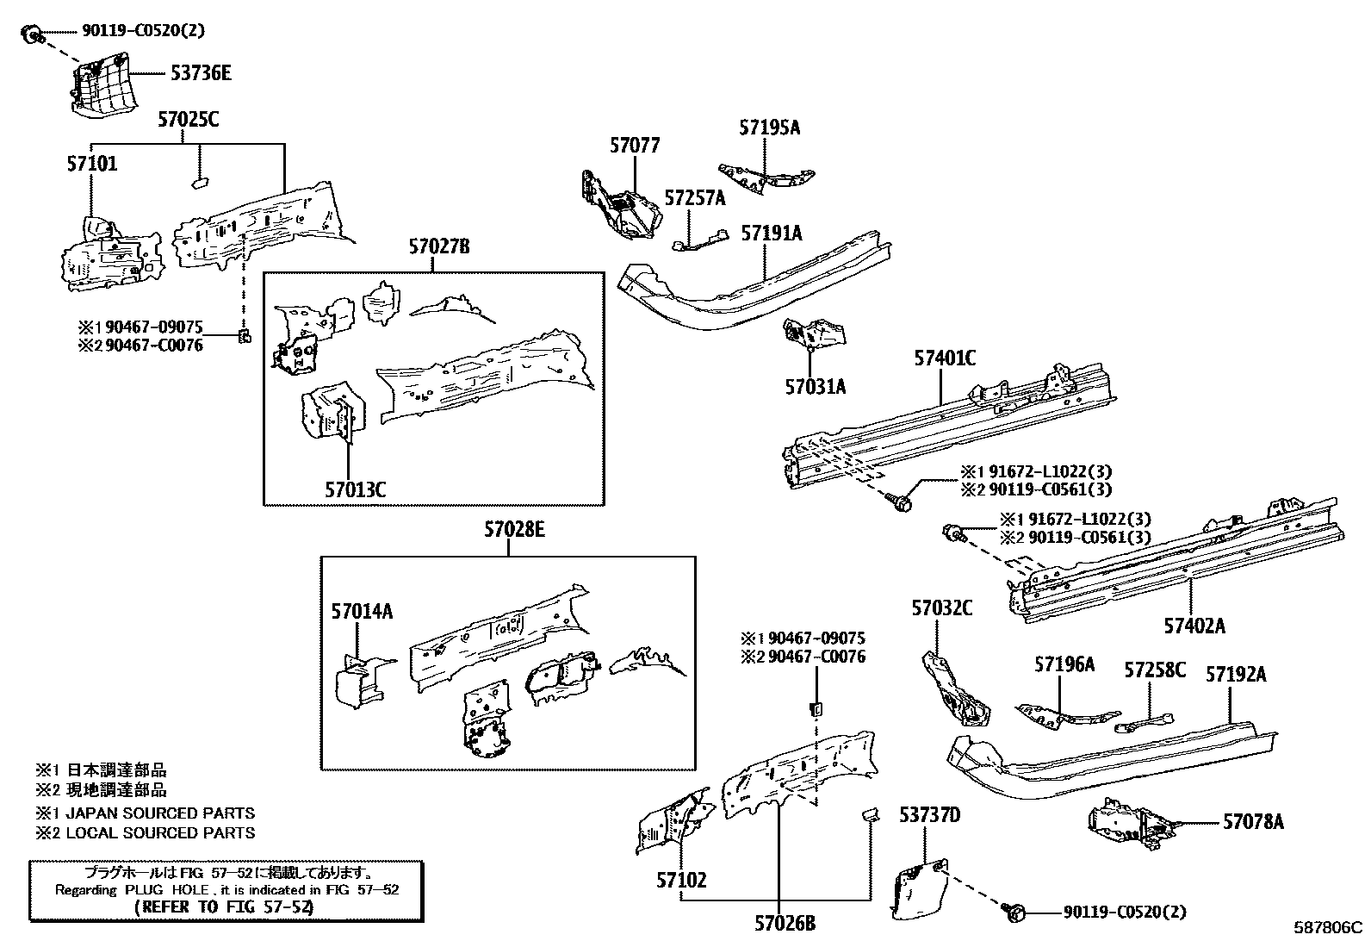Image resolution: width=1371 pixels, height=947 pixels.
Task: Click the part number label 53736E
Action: [x=200, y=73]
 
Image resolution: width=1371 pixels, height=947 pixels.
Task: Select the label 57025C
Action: [x=188, y=120]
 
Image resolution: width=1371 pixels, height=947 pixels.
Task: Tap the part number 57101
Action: [x=91, y=164]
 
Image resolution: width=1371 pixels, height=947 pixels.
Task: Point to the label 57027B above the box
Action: [x=439, y=248]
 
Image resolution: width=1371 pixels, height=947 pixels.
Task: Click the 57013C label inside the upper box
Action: [x=355, y=490]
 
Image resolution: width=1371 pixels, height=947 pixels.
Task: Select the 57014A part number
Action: [x=362, y=612]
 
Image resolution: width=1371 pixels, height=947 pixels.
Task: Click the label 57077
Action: [x=635, y=146]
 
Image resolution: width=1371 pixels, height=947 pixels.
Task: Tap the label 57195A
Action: [x=769, y=128]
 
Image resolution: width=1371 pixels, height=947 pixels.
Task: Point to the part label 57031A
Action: [x=815, y=387]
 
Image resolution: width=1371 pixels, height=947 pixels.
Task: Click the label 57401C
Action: [x=945, y=358]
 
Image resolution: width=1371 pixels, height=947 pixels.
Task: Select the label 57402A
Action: [x=1194, y=626]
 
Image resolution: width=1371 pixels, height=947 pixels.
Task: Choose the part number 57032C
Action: [x=942, y=609]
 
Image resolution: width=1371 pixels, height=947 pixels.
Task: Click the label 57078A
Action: [x=1253, y=822]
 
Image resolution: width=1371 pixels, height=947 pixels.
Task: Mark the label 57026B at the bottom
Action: [x=785, y=924]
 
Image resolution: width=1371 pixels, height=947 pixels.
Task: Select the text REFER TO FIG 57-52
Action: [x=225, y=907]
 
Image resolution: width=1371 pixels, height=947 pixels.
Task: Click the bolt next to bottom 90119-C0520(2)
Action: [x=1014, y=910]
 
